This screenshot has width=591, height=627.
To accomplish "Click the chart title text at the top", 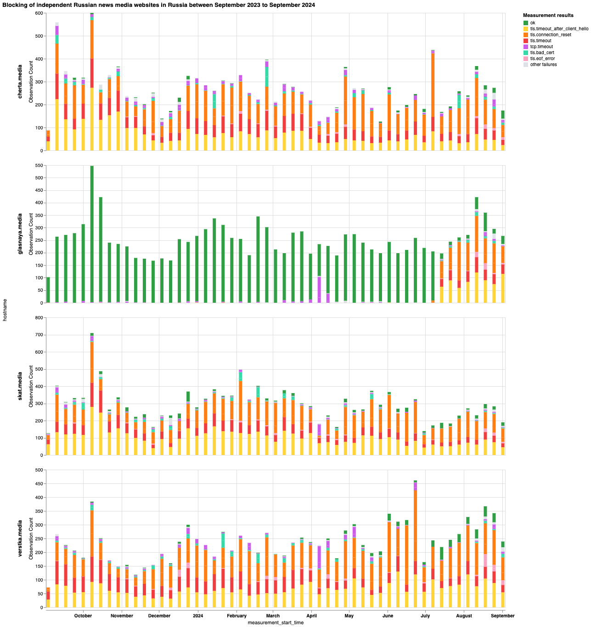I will [x=158, y=5].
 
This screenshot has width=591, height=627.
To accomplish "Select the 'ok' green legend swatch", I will [x=525, y=23].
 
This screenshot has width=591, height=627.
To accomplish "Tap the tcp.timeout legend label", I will [x=541, y=47].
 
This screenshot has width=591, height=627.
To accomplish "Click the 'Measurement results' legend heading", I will [x=548, y=16].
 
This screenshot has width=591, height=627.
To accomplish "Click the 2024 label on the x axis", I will [x=198, y=616].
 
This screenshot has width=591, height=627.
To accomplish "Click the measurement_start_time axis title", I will [x=276, y=623].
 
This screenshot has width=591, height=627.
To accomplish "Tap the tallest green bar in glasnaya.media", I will [x=92, y=234].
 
